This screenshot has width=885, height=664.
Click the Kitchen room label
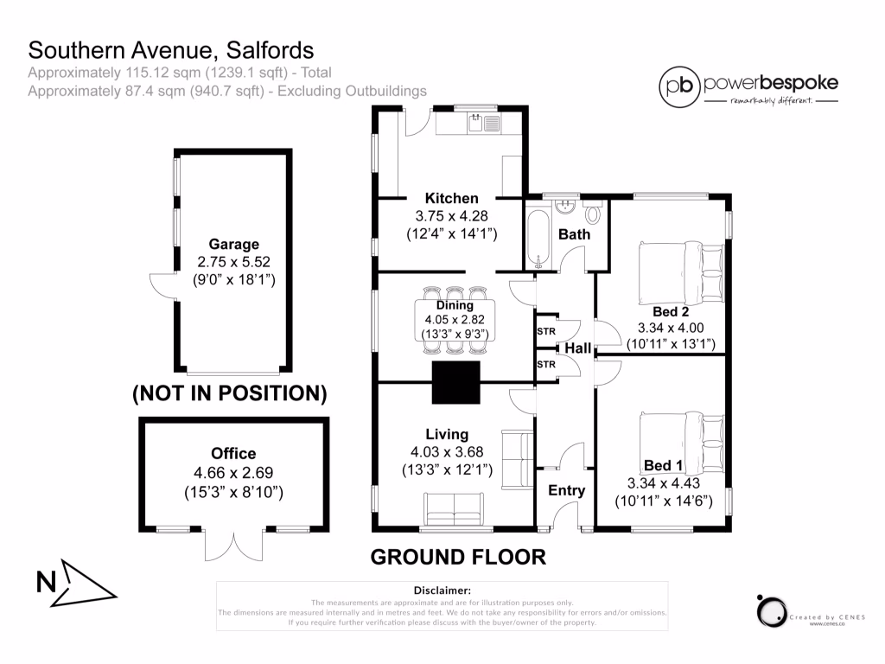(x=450, y=198)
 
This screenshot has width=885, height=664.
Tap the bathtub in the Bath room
(x=538, y=236)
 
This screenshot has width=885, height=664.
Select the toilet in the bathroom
(x=594, y=212)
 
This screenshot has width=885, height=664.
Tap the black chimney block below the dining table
(x=455, y=381)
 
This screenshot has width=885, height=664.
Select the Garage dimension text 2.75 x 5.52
(x=227, y=262)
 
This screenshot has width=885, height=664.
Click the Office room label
(x=233, y=453)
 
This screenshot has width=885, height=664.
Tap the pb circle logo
(x=679, y=85)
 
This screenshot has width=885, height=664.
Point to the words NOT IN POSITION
(x=229, y=393)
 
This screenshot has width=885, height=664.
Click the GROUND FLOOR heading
(x=458, y=557)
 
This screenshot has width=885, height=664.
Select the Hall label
(x=577, y=348)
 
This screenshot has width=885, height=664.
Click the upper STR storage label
(x=545, y=331)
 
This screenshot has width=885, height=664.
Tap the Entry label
(x=567, y=490)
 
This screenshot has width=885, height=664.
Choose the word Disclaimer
(x=442, y=589)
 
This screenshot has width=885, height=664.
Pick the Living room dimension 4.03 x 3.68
(x=447, y=452)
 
